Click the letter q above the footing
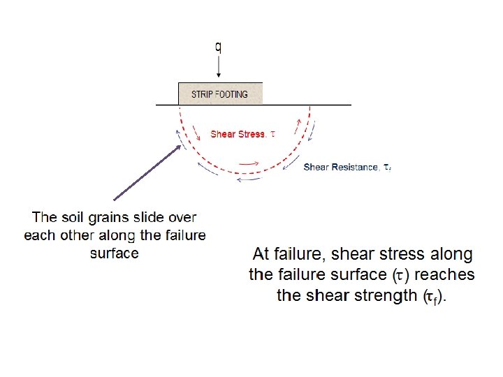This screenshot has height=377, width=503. [219, 47]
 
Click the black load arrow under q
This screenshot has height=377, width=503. [219, 68]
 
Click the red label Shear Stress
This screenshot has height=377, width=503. [238, 134]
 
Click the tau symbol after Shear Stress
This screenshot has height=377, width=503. [272, 134]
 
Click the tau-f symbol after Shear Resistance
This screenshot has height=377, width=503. [387, 168]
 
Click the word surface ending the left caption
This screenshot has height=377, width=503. [115, 253]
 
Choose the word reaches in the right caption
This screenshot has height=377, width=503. [446, 274]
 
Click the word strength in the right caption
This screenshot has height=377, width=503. [384, 295]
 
